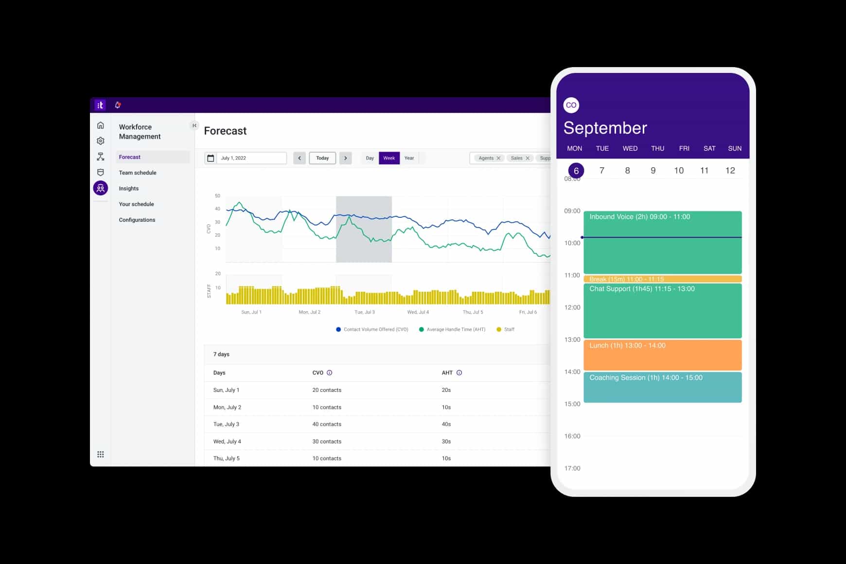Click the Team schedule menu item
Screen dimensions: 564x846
tap(138, 173)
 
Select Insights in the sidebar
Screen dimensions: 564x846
tap(129, 188)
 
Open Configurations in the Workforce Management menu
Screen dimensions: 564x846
tap(137, 220)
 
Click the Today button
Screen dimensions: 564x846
tap(322, 158)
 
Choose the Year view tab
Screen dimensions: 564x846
tap(409, 158)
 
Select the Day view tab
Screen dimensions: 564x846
tap(370, 158)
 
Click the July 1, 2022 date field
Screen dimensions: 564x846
tap(246, 158)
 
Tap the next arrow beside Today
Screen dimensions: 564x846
tap(346, 158)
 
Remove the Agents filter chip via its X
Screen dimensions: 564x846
tap(498, 158)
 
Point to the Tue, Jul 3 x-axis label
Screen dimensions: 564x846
tap(365, 312)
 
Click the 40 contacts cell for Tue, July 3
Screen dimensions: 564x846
tap(327, 424)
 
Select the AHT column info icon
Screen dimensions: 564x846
tap(459, 373)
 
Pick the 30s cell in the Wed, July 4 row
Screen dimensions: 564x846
tap(446, 441)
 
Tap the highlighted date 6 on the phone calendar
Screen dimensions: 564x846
tap(576, 171)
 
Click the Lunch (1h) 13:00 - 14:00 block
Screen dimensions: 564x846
tap(662, 355)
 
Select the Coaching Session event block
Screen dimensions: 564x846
tap(662, 387)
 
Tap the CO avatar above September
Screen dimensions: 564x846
tap(571, 105)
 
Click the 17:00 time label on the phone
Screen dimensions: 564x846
tap(572, 468)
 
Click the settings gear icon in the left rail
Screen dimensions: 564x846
tap(101, 141)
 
